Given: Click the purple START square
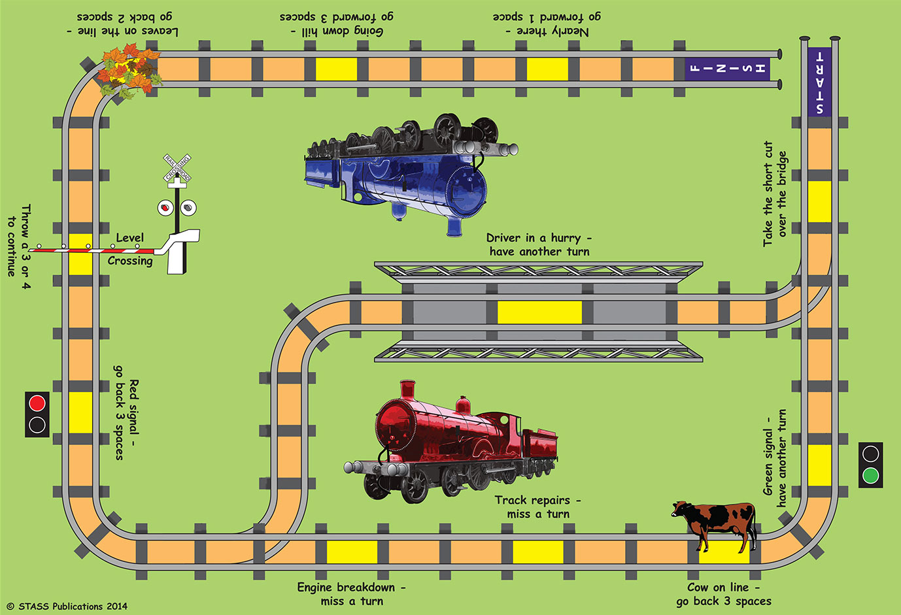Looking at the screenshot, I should (x=819, y=82).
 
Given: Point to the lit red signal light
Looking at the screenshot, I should (x=37, y=403).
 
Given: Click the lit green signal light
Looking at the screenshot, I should (x=870, y=475).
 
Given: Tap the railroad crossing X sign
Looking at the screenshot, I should (x=177, y=168).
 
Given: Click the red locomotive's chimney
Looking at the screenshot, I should (x=409, y=390).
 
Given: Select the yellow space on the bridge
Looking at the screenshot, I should (x=539, y=312).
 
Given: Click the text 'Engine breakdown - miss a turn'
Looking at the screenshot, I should (x=352, y=594).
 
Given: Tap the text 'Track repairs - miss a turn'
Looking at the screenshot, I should (x=537, y=507).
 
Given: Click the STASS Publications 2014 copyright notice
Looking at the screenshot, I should (x=67, y=606).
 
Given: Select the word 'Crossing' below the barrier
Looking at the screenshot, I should (x=130, y=261).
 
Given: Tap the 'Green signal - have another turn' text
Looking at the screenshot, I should (x=775, y=457).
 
